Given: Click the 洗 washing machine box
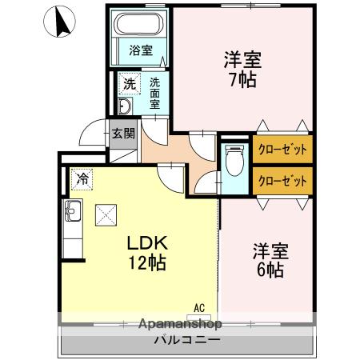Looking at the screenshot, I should [x=129, y=83].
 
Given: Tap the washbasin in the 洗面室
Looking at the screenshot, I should [x=126, y=108].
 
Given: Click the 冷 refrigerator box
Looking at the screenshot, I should [x=81, y=178].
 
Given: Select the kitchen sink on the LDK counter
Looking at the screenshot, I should [x=71, y=213].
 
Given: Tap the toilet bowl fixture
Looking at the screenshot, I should [x=234, y=164].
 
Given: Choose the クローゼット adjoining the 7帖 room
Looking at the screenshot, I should [x=282, y=149].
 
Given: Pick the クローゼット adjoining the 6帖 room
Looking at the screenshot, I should [x=282, y=181].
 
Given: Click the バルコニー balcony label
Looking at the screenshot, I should [x=188, y=341].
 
